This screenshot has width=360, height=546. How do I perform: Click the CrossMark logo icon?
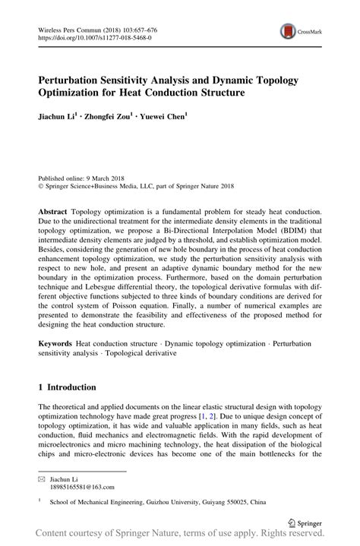pos(289,31)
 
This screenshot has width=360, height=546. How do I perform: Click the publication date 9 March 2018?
pos(114,174)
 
